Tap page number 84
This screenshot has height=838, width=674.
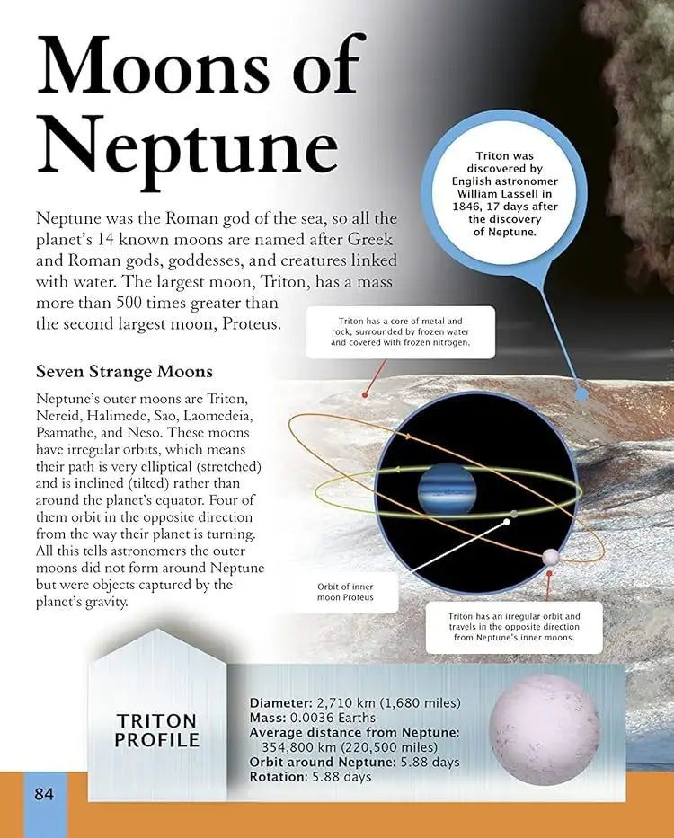[x=45, y=794]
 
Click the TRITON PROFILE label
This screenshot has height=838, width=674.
[x=156, y=730]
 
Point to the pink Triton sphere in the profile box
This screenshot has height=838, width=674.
[x=545, y=730]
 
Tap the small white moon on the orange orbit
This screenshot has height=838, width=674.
[x=550, y=559]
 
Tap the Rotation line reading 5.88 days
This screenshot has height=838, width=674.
[x=310, y=777]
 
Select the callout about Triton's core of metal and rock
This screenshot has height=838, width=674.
[x=400, y=332]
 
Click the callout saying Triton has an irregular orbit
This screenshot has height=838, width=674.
[x=513, y=627]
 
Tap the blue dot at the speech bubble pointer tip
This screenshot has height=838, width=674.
[x=581, y=393]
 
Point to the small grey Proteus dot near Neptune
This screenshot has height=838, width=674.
[x=514, y=514]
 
